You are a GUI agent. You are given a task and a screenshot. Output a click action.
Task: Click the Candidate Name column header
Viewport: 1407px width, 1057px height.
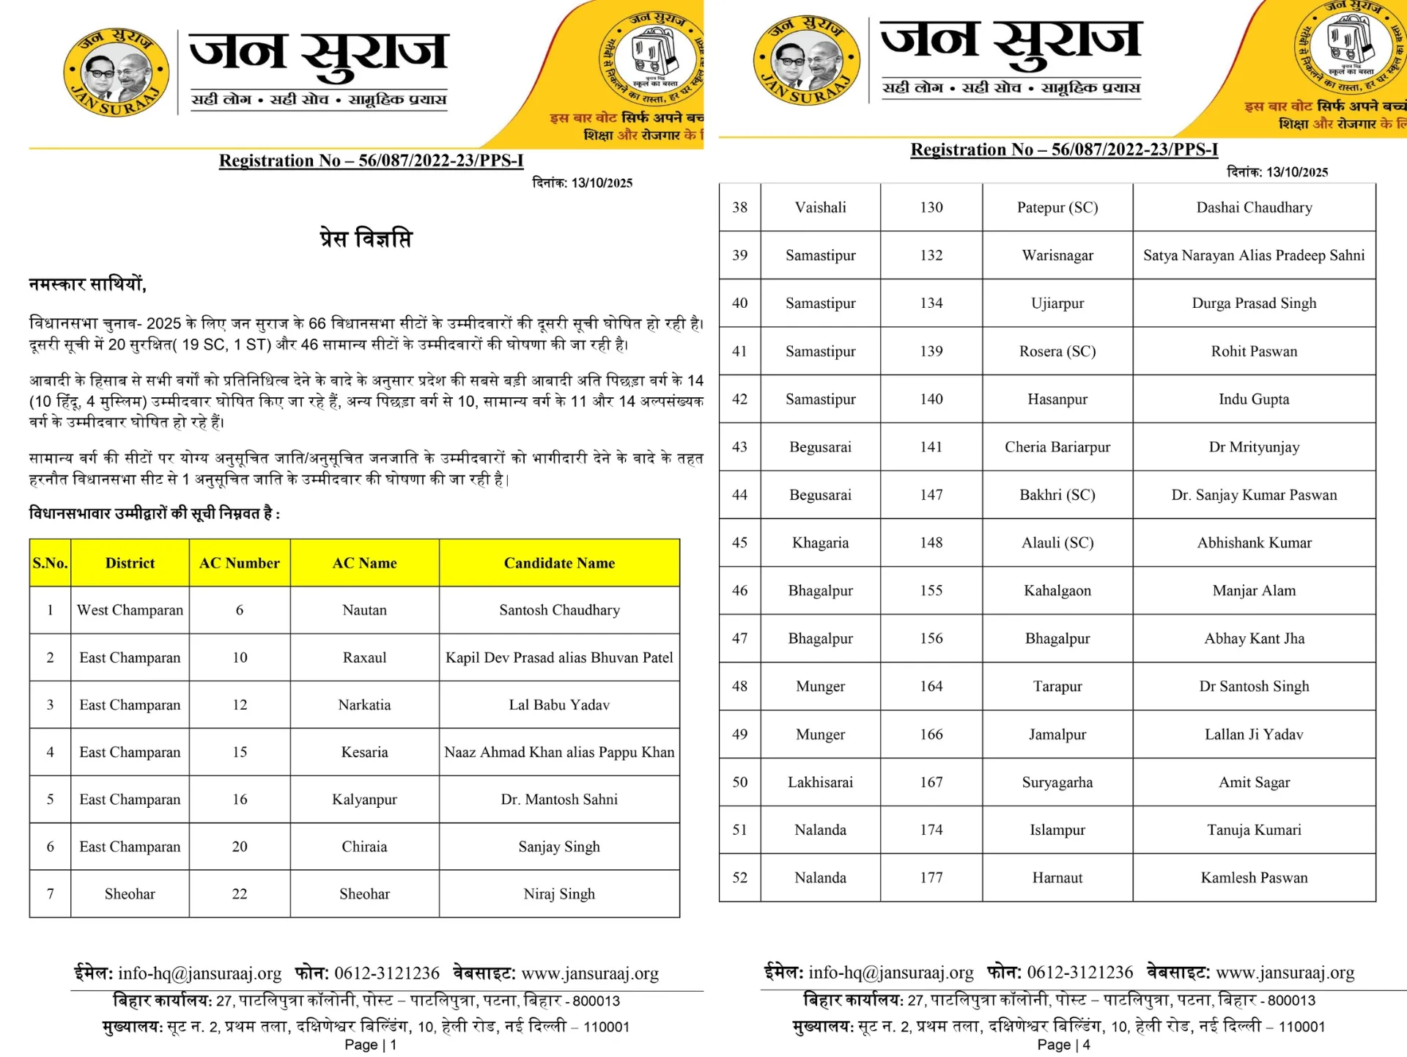559,563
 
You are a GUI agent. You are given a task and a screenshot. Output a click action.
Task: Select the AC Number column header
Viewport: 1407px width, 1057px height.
240,563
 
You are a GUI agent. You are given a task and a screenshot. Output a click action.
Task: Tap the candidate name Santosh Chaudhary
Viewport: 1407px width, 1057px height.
559,610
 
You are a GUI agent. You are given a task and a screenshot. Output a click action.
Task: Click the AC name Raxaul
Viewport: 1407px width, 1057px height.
364,658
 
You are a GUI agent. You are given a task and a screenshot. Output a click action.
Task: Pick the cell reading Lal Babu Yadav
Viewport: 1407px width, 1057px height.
559,704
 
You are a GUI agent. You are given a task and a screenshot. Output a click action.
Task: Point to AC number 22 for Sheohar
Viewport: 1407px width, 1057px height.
240,894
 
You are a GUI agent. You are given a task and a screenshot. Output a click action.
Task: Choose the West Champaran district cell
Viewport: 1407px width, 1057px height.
130,610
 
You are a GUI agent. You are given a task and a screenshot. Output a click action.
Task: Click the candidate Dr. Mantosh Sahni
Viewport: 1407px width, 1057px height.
559,799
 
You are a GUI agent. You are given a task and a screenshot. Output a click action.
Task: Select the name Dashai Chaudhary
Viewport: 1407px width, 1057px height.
1254,207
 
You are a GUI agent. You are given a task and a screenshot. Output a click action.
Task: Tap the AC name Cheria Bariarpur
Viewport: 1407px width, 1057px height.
1057,447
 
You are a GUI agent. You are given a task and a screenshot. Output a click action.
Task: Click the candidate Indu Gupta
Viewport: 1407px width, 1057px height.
1254,399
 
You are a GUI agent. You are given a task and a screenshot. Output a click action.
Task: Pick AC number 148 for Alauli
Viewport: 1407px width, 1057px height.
931,542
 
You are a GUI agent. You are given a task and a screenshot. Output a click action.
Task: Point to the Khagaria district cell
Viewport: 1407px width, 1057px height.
820,542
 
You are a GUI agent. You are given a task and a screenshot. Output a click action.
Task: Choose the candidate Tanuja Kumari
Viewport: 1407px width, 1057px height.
1254,830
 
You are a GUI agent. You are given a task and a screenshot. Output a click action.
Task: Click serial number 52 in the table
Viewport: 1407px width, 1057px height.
740,877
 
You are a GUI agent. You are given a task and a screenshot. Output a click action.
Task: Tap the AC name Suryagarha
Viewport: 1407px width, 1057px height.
1057,782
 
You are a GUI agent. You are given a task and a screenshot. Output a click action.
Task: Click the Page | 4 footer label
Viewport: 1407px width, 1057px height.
1063,1045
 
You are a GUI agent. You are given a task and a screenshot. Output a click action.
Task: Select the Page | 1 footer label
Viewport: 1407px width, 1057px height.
371,1045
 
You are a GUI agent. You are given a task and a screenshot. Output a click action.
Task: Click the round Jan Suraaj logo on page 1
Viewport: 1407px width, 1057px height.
117,73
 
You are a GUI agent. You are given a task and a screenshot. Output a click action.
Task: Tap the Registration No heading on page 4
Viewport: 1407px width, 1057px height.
1064,150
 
